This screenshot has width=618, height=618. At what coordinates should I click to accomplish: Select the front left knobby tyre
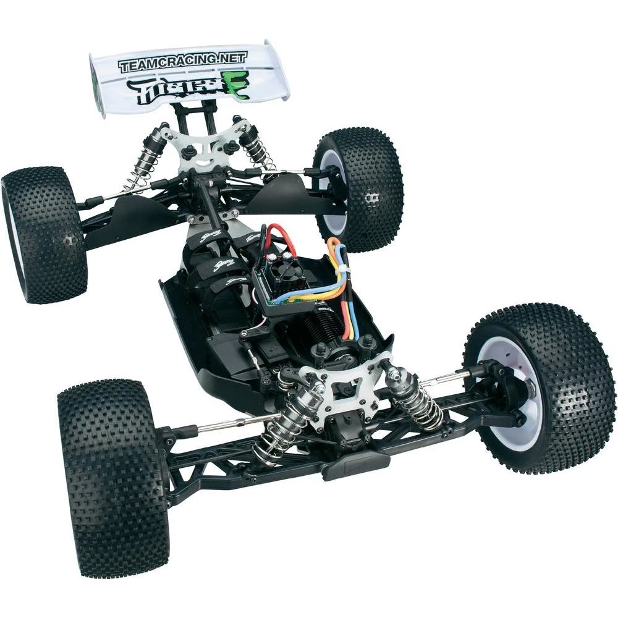pyautogui.click(x=111, y=482)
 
